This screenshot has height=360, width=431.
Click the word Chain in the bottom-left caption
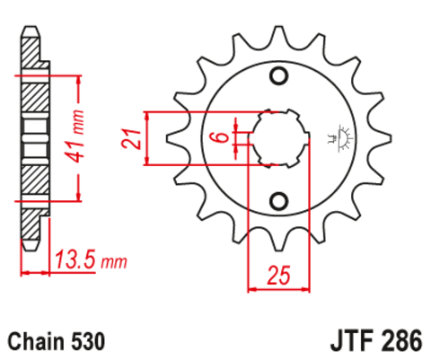(x=34, y=341)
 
